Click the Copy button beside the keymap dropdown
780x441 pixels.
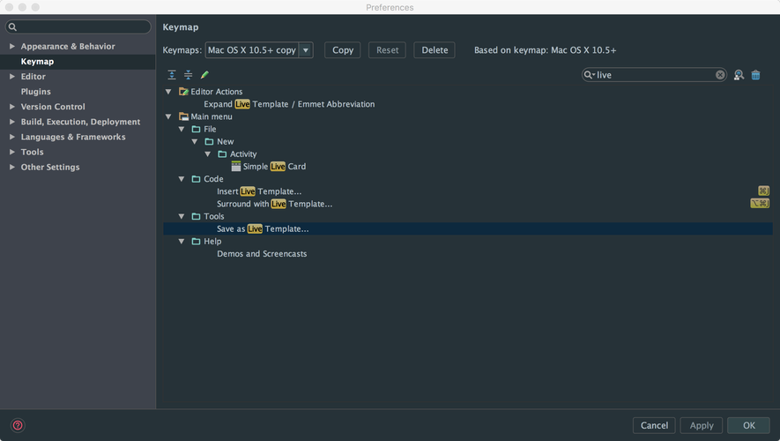343,50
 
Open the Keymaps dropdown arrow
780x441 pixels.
306,50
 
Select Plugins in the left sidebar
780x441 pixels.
36,92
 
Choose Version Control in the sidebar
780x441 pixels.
53,107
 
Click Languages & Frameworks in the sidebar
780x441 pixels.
73,137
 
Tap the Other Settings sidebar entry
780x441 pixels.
50,167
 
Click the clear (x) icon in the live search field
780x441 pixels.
720,75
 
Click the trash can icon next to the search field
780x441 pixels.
755,75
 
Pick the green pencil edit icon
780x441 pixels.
204,75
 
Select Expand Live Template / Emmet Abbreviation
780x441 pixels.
289,104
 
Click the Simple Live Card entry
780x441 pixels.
274,167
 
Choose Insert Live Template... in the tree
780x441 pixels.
259,191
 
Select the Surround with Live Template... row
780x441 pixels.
274,204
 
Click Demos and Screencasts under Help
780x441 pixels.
262,254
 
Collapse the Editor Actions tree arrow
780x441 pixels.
168,92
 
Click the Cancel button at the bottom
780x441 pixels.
654,425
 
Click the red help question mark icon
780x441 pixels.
17,425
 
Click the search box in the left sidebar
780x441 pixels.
78,27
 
